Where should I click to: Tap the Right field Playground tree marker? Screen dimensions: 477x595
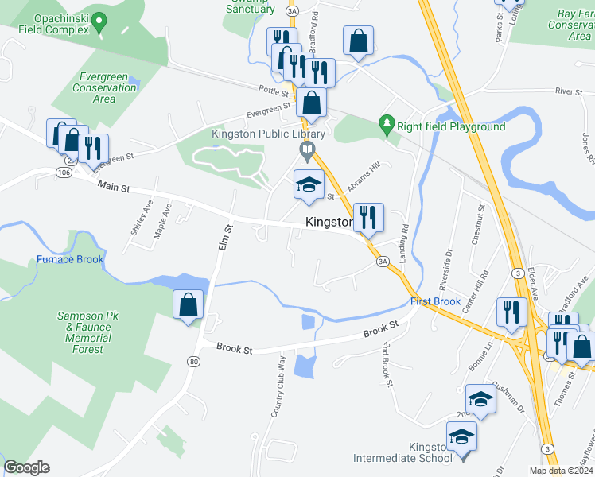pyautogui.click(x=387, y=123)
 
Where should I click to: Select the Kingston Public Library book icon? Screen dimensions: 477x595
pyautogui.click(x=305, y=149)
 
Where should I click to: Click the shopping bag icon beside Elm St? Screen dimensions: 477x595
pyautogui.click(x=188, y=304)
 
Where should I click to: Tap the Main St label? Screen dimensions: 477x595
pyautogui.click(x=113, y=186)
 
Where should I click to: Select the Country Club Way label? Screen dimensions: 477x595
pyautogui.click(x=278, y=386)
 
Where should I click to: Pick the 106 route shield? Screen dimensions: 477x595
pyautogui.click(x=64, y=172)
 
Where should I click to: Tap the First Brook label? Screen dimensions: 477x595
pyautogui.click(x=435, y=302)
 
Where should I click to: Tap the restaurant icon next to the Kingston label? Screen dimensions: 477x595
pyautogui.click(x=368, y=217)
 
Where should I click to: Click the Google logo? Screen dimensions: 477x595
pyautogui.click(x=26, y=467)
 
